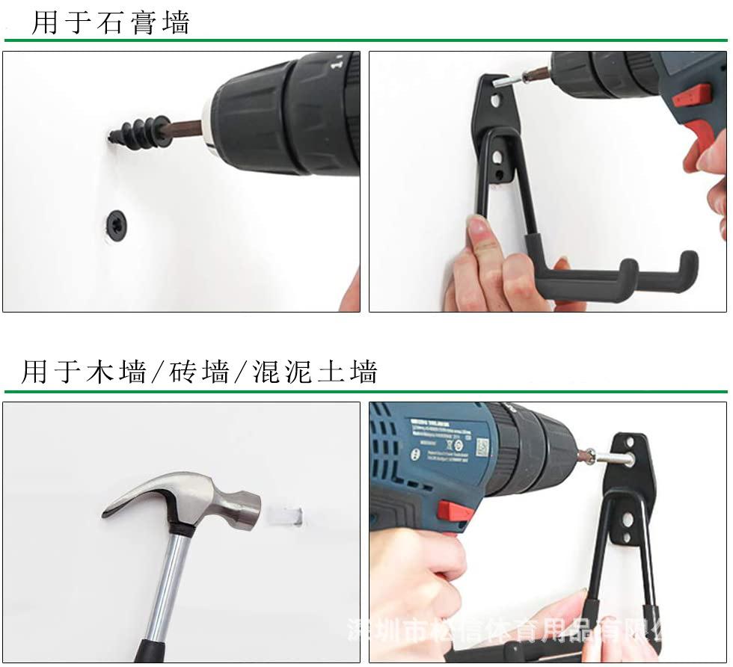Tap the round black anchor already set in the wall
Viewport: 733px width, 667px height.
click(116, 224)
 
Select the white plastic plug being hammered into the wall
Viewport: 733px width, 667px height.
click(287, 516)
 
